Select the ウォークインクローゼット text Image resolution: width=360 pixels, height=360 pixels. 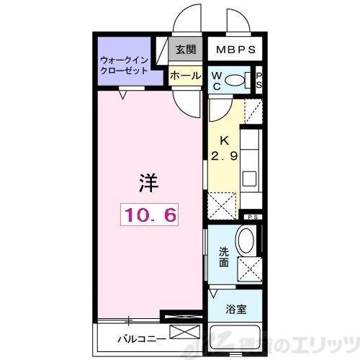pyautogui.click(x=125, y=66)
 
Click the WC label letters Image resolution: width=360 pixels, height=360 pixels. pyautogui.click(x=216, y=81)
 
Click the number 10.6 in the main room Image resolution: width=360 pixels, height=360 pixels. pyautogui.click(x=149, y=213)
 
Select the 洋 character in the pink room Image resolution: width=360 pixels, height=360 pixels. pyautogui.click(x=147, y=182)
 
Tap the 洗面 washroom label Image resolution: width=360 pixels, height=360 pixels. pyautogui.click(x=224, y=257)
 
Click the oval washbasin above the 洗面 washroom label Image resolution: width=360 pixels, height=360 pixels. pyautogui.click(x=246, y=240)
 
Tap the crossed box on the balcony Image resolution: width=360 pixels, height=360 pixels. pyautogui.click(x=182, y=333)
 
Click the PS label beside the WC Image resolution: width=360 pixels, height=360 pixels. pyautogui.click(x=259, y=80)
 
